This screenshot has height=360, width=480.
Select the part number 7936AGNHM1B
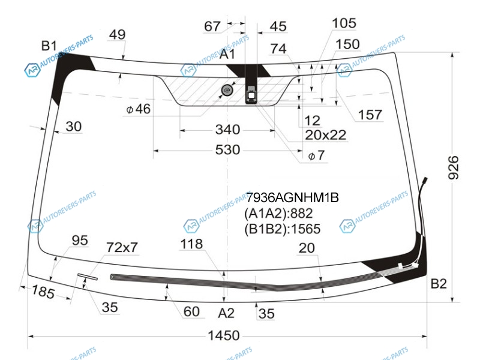(x=292, y=197)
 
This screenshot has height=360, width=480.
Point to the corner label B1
(x=49, y=45)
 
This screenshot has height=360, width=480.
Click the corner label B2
(x=439, y=284)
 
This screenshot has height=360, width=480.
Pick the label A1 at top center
(x=227, y=55)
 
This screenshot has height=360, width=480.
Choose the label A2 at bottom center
(x=226, y=313)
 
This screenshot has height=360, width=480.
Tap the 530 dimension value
(x=227, y=149)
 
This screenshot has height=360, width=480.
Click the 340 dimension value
(x=227, y=130)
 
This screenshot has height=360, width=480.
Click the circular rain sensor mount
(x=227, y=91)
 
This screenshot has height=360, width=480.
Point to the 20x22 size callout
(x=325, y=135)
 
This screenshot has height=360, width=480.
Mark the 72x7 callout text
(x=122, y=247)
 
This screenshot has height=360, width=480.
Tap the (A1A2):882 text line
(x=278, y=214)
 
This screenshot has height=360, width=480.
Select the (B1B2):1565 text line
(x=282, y=229)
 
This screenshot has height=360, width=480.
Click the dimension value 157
(x=370, y=115)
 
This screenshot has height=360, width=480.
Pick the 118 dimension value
(x=191, y=244)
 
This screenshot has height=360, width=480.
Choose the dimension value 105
(x=344, y=23)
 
